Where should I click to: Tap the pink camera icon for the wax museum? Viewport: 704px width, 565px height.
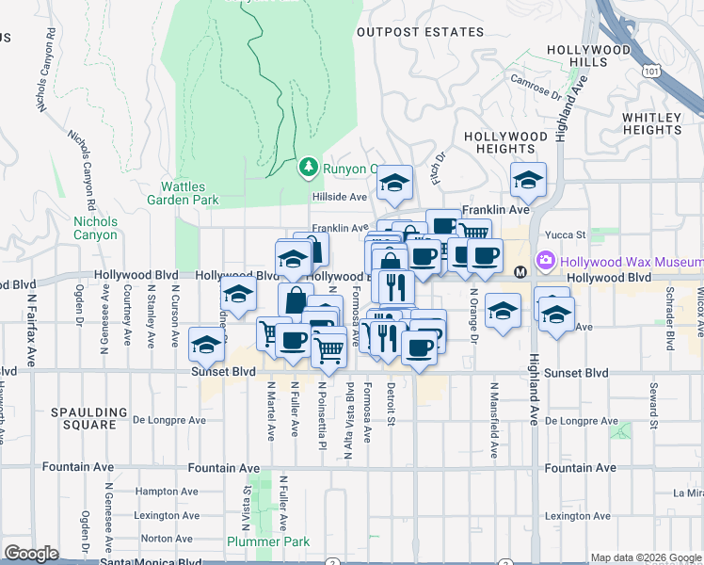[545, 260]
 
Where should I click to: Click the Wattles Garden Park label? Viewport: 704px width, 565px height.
[183, 193]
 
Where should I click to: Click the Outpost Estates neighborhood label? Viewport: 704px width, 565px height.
[420, 32]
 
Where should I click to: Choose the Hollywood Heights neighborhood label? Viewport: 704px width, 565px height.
[505, 142]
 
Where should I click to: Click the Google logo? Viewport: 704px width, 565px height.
[31, 554]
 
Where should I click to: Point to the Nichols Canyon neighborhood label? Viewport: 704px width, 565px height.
[96, 228]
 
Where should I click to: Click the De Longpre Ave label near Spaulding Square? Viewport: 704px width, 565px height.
[168, 420]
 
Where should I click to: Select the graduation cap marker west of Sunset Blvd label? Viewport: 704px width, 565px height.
[206, 346]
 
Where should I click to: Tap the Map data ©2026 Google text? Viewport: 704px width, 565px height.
[645, 557]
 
